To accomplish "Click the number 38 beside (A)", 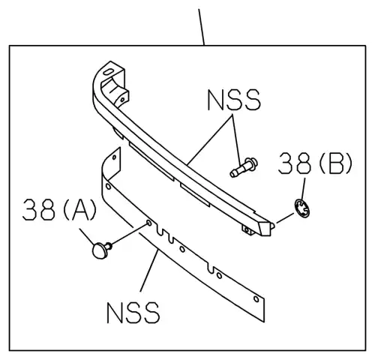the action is (x=38, y=209).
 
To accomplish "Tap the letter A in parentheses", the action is (x=80, y=210).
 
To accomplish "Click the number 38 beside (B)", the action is (x=295, y=163).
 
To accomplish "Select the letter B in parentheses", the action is (x=336, y=163).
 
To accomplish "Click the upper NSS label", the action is (x=234, y=100).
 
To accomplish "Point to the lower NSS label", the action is (x=133, y=313).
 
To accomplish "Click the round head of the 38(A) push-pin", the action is (x=100, y=250).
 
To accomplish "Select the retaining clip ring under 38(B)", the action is (x=302, y=208).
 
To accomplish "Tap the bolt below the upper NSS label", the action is (x=244, y=167).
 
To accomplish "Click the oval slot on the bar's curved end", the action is (x=108, y=72).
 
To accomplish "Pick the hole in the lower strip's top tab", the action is (x=114, y=157).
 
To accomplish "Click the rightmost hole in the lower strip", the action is (x=256, y=298).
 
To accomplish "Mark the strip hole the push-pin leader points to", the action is (x=148, y=223).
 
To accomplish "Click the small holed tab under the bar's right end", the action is (x=248, y=230).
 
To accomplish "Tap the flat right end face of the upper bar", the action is (x=265, y=226).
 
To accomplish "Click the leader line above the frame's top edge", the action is (x=202, y=27).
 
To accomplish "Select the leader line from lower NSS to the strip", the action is (x=149, y=271).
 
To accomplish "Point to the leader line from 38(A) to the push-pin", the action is (x=87, y=236).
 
